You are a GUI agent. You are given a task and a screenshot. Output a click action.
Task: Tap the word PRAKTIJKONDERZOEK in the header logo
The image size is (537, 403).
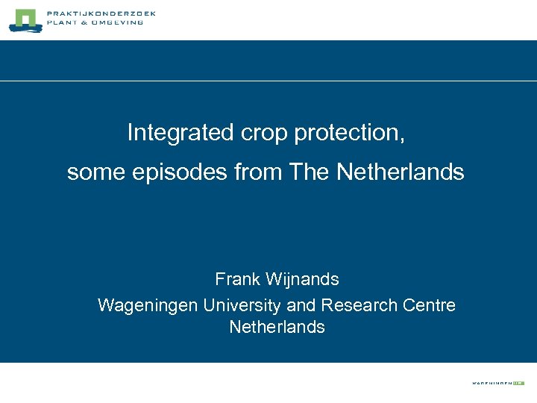pos(100,13)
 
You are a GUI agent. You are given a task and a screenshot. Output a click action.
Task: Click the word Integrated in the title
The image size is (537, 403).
pos(180,133)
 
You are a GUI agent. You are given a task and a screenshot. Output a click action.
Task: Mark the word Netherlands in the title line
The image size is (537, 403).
pos(400,172)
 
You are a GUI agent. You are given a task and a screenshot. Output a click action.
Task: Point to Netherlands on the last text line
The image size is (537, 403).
pos(277,327)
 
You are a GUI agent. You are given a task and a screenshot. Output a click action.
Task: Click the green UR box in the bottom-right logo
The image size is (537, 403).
pos(518,382)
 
